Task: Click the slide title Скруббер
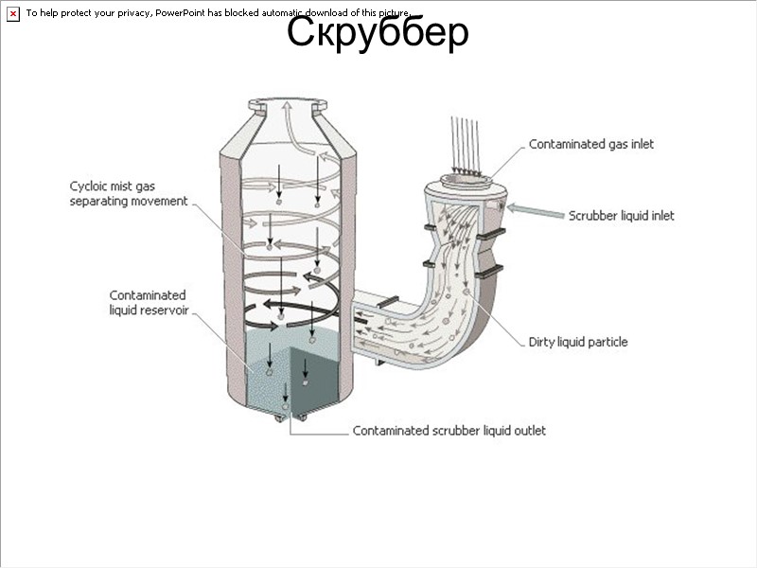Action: point(378,33)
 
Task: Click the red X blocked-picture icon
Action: point(12,13)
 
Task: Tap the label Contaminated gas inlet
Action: point(590,144)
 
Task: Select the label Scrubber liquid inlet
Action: point(621,215)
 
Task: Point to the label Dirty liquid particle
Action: point(577,342)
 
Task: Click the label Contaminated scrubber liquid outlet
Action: point(449,431)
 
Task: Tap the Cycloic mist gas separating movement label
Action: point(128,193)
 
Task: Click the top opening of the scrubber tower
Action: point(289,103)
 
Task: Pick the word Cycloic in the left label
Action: point(90,186)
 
